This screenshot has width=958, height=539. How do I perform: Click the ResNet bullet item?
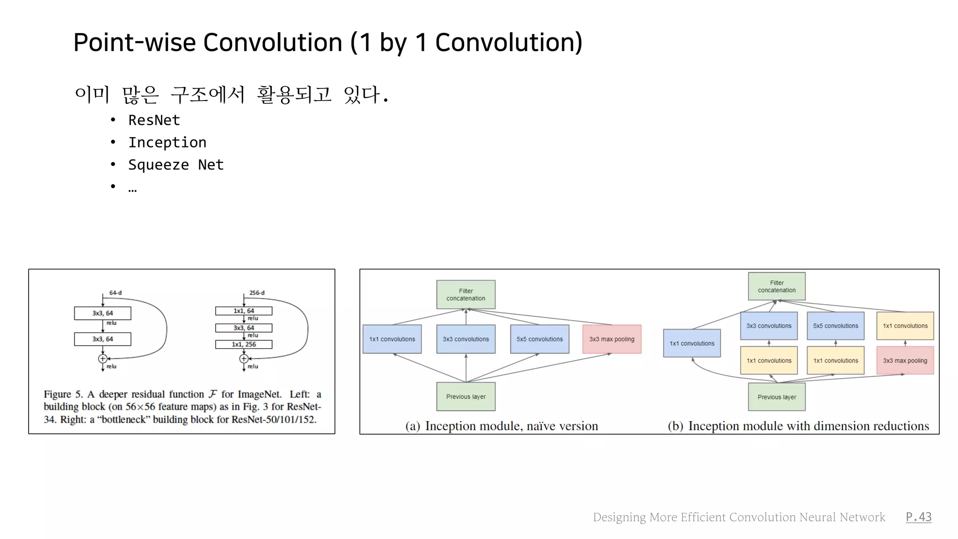(x=154, y=120)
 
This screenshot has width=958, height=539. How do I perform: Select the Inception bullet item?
(x=167, y=142)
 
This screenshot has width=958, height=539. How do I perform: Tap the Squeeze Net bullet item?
(x=176, y=165)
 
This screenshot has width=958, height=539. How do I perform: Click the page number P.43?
(x=918, y=517)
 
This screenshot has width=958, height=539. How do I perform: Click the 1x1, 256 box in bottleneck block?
(x=244, y=344)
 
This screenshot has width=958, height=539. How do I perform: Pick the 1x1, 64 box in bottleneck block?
(x=244, y=311)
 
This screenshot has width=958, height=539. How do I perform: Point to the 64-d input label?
(x=115, y=293)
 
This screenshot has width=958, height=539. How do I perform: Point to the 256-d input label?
(x=256, y=293)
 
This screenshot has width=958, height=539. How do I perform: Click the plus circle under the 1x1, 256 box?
(x=244, y=359)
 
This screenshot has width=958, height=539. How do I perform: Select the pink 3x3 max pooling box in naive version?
(x=611, y=339)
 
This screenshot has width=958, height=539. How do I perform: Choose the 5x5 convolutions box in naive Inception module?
(x=539, y=339)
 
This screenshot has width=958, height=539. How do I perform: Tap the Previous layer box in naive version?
(x=465, y=397)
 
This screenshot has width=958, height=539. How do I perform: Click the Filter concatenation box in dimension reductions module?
(x=777, y=286)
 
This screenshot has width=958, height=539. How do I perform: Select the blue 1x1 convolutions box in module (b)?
(x=692, y=343)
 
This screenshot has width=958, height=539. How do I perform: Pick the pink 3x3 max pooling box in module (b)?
(x=905, y=360)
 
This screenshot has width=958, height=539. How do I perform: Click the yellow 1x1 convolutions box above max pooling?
(x=905, y=326)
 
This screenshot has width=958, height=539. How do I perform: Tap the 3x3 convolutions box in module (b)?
(x=769, y=326)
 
